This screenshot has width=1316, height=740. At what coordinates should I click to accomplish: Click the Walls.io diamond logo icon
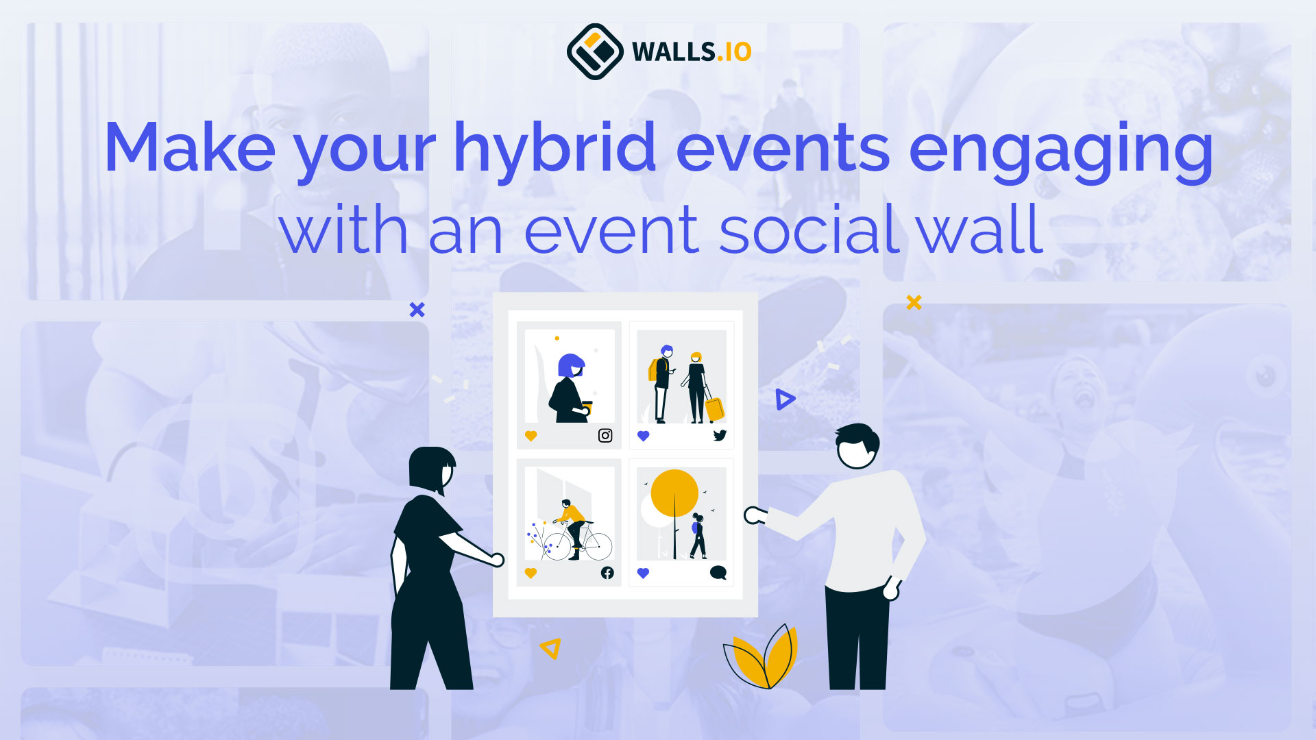click(594, 51)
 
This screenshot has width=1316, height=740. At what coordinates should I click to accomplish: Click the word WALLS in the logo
click(673, 52)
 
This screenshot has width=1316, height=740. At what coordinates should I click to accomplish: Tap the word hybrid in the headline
click(555, 148)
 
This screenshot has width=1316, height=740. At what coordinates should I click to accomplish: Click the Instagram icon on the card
click(605, 436)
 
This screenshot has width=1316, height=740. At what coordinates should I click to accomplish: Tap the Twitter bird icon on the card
click(719, 436)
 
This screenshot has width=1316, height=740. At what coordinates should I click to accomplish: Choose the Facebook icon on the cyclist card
click(607, 573)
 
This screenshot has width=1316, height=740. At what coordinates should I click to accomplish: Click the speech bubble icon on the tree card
click(718, 573)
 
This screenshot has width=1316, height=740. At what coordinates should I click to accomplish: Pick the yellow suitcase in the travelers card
click(714, 409)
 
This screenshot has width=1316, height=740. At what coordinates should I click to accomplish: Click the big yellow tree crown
click(674, 493)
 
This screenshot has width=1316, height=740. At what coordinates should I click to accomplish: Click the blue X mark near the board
click(417, 310)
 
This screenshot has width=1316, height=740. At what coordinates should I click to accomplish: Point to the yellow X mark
click(914, 302)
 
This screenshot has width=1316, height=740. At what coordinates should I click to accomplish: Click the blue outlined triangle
click(785, 399)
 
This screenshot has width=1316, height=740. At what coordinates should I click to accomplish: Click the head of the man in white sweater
click(857, 447)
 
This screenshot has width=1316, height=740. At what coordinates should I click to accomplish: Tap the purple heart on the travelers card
click(643, 436)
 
